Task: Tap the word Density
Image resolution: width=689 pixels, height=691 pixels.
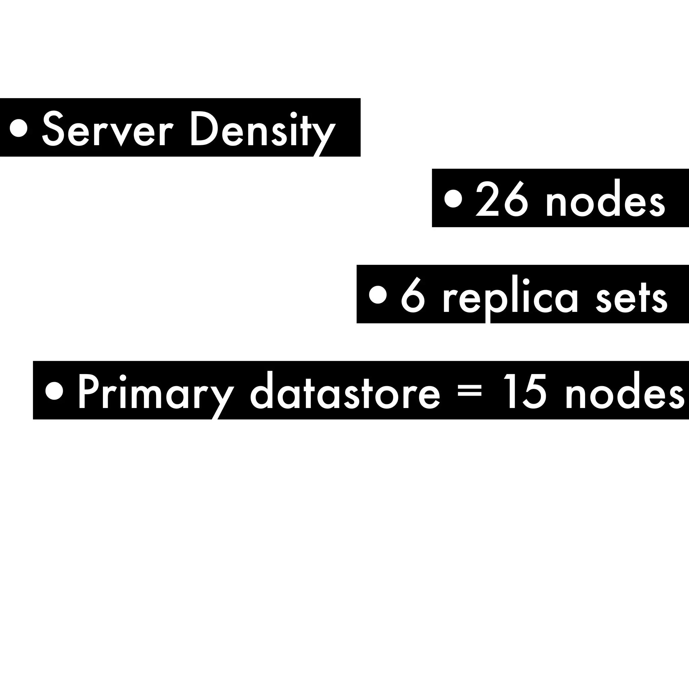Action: (x=263, y=129)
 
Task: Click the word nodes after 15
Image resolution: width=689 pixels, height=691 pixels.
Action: (x=625, y=392)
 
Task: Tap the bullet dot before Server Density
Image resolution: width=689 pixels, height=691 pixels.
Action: (x=19, y=128)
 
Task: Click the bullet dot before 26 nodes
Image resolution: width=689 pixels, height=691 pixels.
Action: (x=453, y=199)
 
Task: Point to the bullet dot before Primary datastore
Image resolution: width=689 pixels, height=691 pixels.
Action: (x=55, y=391)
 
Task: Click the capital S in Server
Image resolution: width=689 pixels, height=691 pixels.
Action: (x=55, y=129)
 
